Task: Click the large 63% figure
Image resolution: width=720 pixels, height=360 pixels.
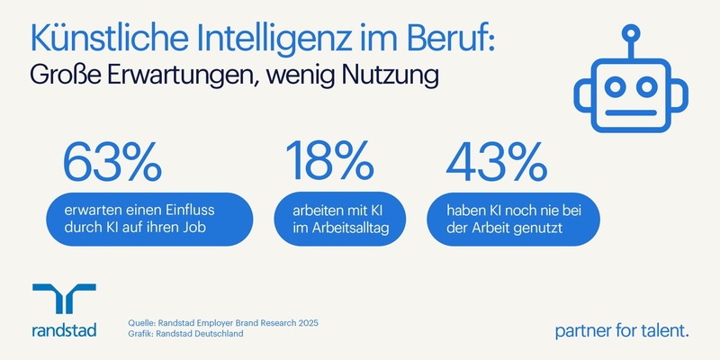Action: coord(112,162)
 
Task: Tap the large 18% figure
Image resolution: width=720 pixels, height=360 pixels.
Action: coord(329,162)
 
